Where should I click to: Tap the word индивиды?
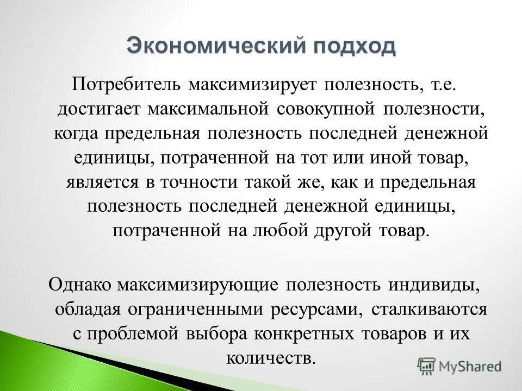point(434,284)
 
